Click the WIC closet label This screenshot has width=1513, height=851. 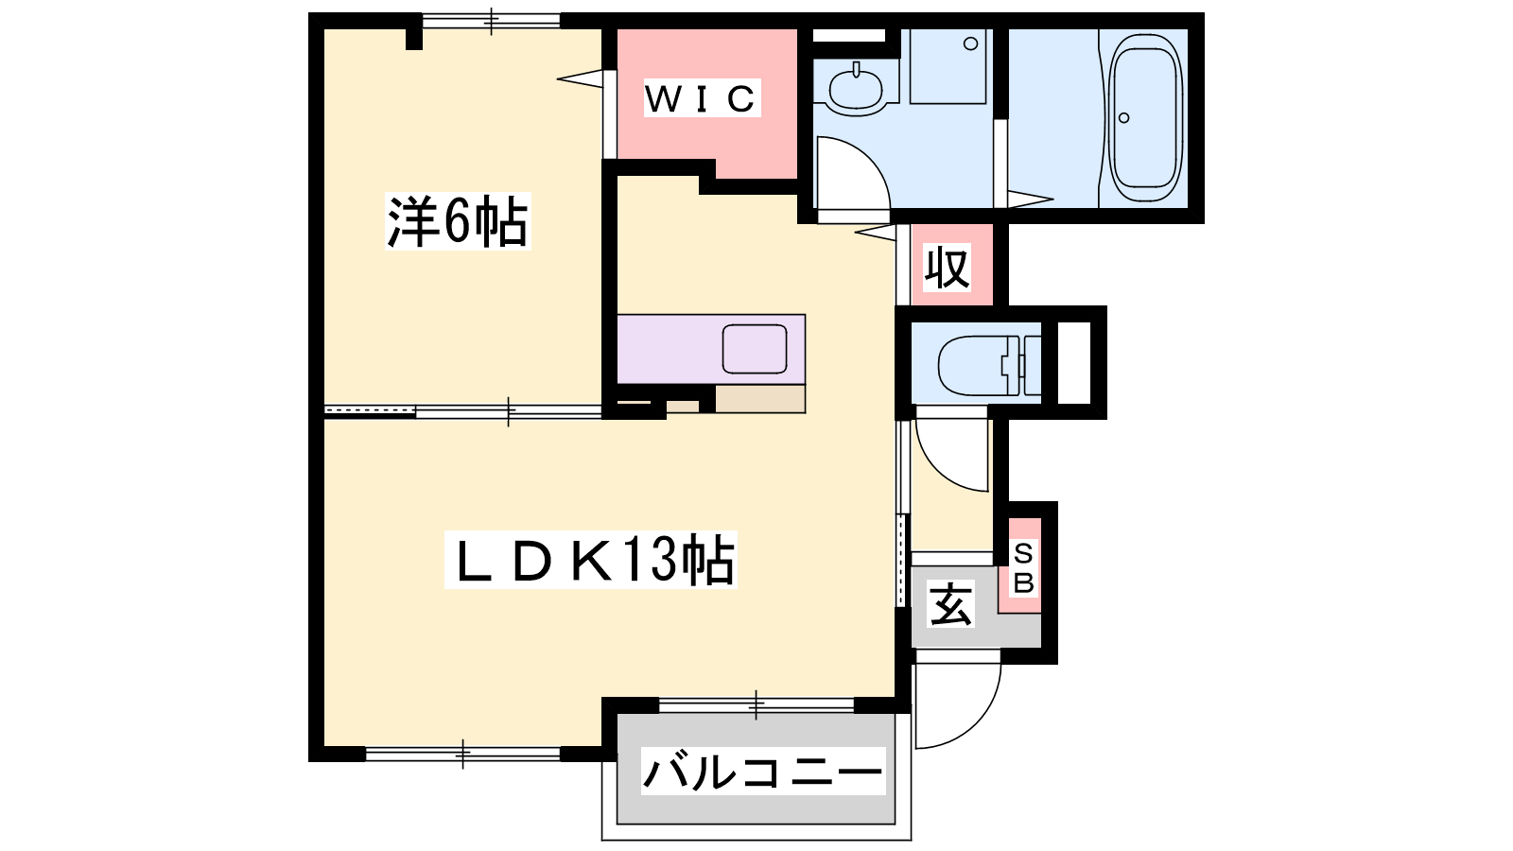(x=702, y=98)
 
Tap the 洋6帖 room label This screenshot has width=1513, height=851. (x=458, y=221)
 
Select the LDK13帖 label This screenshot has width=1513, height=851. (x=590, y=560)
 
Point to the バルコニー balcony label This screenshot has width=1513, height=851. (x=762, y=772)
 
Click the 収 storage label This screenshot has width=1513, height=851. (x=947, y=269)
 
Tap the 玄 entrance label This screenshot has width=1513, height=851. (x=951, y=603)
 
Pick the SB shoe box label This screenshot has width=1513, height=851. (x=1024, y=568)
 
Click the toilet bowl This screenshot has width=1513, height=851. (x=981, y=365)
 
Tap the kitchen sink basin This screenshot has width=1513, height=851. (x=755, y=349)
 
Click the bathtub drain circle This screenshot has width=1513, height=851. (x=1124, y=118)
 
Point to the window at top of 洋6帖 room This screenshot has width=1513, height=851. (x=491, y=21)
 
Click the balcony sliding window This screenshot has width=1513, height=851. (x=756, y=705)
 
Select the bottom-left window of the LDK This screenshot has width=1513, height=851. (x=462, y=754)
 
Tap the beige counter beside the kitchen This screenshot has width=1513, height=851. (x=760, y=399)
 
